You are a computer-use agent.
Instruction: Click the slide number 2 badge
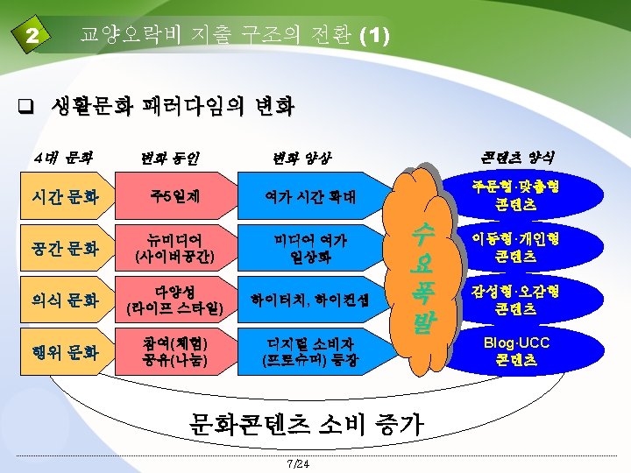33,37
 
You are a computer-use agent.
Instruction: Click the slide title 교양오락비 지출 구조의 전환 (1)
235,36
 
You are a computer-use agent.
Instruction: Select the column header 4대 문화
62,159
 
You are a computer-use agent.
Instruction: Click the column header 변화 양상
302,159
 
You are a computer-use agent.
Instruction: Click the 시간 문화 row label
66,199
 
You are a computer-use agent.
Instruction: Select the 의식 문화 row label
66,300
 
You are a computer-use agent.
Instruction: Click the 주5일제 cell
175,199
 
